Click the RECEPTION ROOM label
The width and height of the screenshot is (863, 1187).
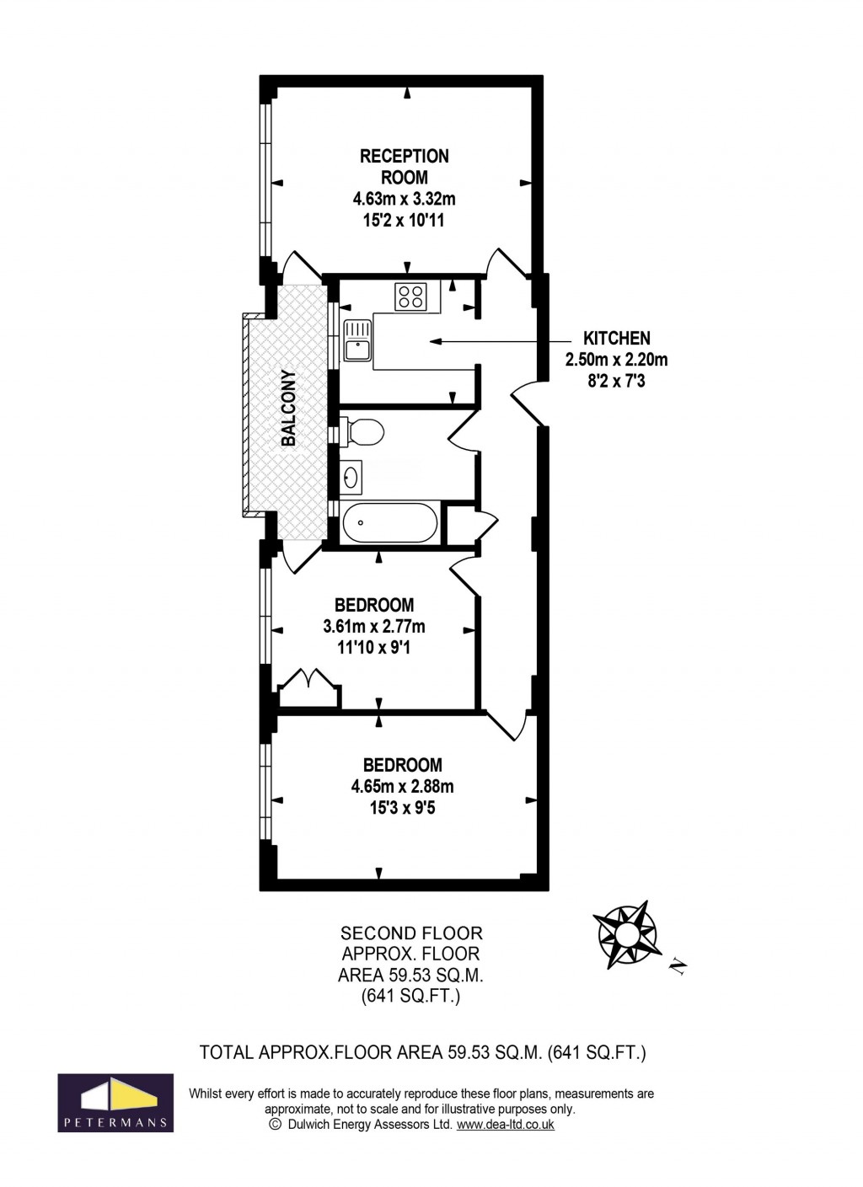pos(404,167)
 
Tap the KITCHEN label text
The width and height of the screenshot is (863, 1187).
pos(616,338)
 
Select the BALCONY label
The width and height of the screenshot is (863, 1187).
pos(288,408)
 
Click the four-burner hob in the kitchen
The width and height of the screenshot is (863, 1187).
pos(410,296)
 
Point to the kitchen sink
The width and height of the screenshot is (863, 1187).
pos(357,340)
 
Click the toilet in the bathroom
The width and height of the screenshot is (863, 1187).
pos(362,433)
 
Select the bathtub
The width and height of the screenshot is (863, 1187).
pos(389,522)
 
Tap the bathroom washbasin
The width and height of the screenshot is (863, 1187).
pos(351,478)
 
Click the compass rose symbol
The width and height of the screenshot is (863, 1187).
pos(627,933)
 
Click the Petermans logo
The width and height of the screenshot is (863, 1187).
pos(115,1103)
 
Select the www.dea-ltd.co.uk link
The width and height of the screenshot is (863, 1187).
pos(505,1125)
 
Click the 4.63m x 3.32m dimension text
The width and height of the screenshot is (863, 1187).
pos(404,200)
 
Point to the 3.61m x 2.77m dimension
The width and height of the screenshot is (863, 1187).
pos(373,627)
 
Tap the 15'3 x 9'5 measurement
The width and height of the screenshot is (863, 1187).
pos(402,809)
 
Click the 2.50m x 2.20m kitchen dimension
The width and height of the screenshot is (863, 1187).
pos(616,360)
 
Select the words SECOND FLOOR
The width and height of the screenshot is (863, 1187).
pos(411,933)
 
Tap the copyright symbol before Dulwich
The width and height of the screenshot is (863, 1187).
pos(275,1125)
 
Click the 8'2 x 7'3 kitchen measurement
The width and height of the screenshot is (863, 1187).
pos(616,382)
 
